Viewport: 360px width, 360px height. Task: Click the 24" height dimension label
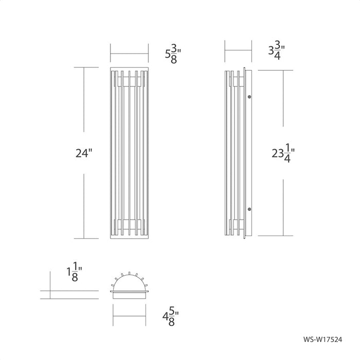(84, 153)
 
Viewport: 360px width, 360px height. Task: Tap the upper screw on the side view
(249, 96)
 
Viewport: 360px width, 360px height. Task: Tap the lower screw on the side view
(249, 209)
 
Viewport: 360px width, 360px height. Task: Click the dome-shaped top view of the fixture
(130, 281)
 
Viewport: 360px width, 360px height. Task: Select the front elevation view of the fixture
(130, 153)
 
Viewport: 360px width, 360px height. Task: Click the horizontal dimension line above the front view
(130, 51)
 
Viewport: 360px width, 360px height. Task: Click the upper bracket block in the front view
(130, 81)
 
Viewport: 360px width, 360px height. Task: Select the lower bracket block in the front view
(130, 224)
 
